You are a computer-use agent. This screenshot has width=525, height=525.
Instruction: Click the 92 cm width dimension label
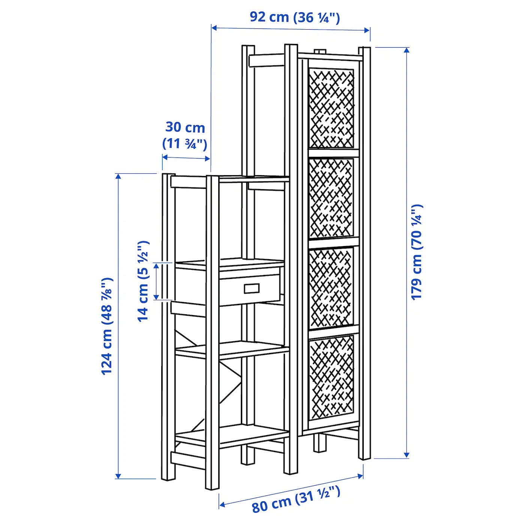pos(295,18)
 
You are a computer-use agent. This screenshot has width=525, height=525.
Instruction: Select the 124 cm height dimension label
pos(106,326)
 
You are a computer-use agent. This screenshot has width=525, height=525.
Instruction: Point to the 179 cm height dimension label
pos(417,252)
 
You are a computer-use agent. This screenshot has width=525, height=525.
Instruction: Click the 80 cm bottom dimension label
pos(296,498)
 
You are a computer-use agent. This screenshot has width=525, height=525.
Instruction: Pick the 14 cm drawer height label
pos(143,281)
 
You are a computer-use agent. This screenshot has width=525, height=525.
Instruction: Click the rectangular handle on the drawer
pos(252,288)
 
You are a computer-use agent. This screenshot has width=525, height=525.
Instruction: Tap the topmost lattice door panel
pos(331,108)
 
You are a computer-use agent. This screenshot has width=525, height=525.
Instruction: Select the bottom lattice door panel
pos(332,379)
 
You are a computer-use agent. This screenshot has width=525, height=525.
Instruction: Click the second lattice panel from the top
pos(331,198)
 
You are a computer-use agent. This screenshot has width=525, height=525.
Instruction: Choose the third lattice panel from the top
pos(331,288)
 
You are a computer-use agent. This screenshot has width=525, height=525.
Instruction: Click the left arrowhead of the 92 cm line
pos(214,28)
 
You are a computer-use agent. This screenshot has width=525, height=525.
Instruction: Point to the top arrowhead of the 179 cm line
pos(406,50)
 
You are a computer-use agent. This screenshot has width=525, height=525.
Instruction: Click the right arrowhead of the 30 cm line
pos(207,159)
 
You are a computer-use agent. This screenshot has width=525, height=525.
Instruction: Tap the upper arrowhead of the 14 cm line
pos(156,266)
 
